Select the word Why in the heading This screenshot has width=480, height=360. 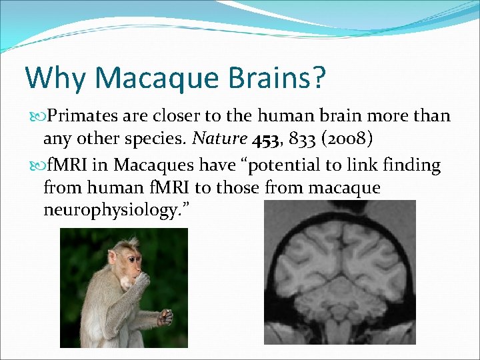coord(55,78)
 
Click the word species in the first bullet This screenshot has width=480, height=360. coord(157,139)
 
